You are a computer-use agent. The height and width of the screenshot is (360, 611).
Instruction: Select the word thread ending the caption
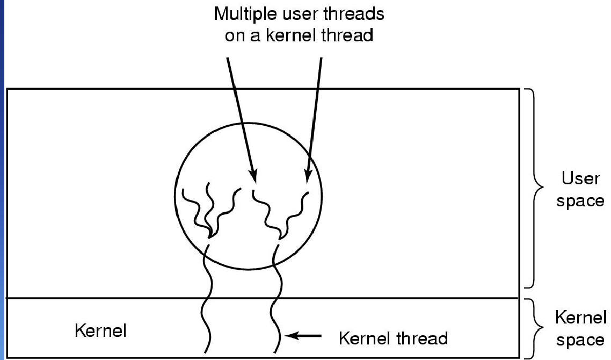(347, 35)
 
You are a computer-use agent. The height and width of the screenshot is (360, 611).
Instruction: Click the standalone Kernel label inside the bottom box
(100, 331)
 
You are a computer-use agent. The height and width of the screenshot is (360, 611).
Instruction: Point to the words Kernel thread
(393, 338)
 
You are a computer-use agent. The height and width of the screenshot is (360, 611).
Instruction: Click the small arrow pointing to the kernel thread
(303, 335)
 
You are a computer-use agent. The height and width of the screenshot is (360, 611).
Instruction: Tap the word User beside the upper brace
(580, 178)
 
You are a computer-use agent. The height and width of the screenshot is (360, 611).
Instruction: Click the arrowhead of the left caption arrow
(253, 176)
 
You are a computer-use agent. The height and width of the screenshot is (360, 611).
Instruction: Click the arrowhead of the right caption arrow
(308, 176)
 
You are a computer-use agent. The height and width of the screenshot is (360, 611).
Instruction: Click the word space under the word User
(580, 201)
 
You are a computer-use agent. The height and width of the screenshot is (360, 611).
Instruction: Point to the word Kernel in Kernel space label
(580, 317)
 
